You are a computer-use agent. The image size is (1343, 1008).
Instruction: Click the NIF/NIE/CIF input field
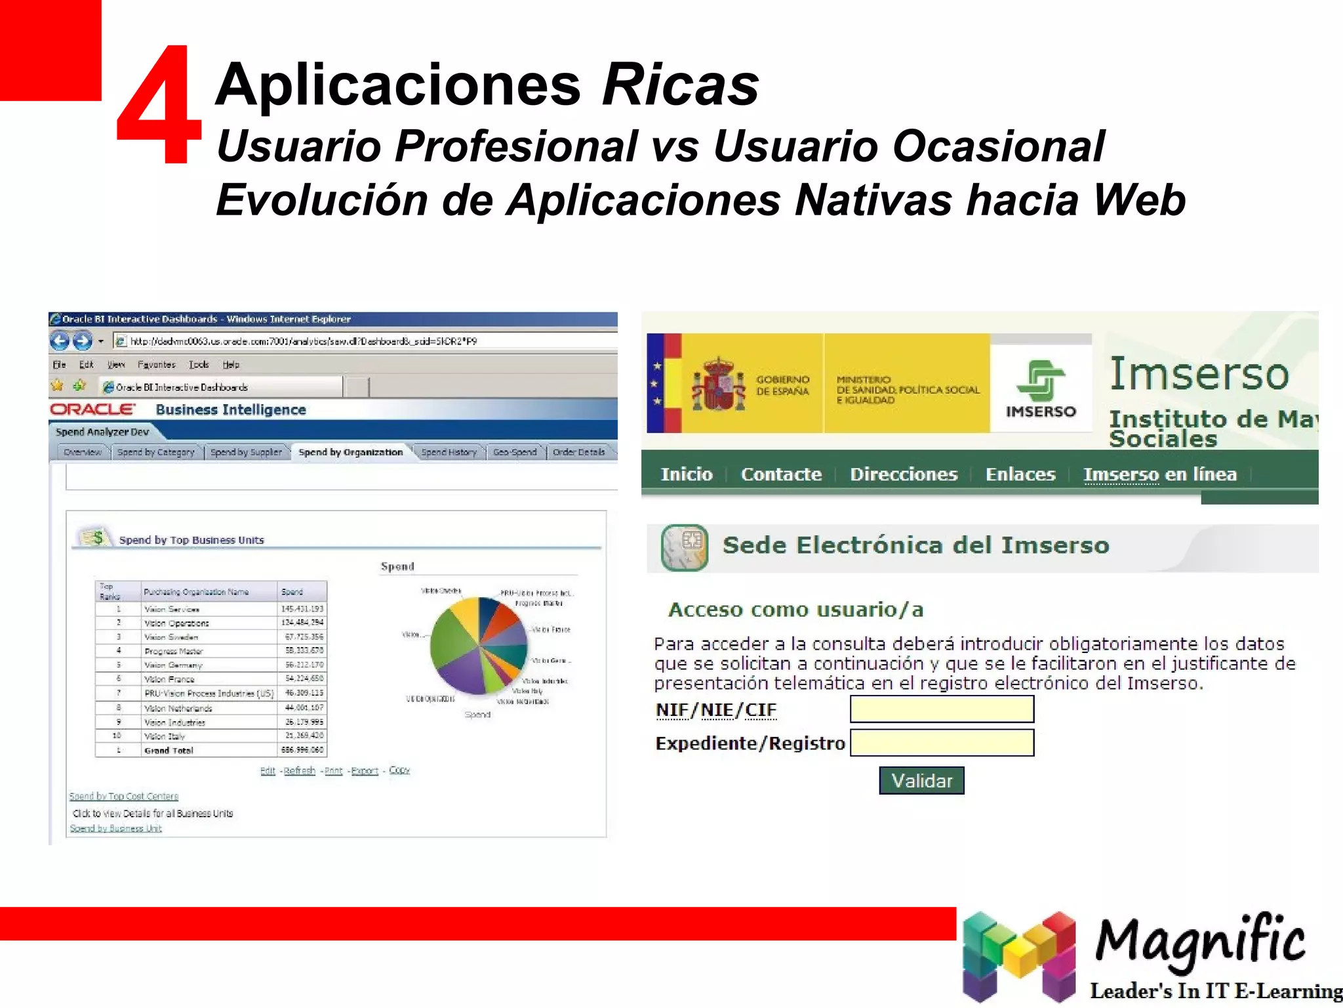[942, 709]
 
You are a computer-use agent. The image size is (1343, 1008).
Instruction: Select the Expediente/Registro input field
[942, 743]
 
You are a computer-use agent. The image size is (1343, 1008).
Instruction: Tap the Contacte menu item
[780, 474]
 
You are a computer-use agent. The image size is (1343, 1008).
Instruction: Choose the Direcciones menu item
[903, 474]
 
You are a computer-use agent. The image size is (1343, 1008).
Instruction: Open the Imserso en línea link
[1159, 474]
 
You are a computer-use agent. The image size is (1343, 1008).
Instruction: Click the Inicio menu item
[686, 474]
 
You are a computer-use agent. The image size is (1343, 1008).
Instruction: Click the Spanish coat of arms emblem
[719, 385]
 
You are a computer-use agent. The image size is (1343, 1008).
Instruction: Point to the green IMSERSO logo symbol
[1041, 381]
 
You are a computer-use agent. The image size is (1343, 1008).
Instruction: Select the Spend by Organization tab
[350, 452]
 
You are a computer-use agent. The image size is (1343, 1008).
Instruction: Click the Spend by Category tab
[156, 452]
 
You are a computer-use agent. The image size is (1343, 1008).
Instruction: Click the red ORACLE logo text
[92, 409]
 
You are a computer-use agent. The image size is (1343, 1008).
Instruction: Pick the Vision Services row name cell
[172, 609]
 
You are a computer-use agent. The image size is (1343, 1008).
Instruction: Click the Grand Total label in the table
[169, 750]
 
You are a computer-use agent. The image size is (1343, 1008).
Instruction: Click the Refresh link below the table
[299, 770]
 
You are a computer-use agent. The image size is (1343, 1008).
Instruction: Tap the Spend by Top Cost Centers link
[124, 796]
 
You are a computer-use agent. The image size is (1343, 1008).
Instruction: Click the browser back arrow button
[60, 341]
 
